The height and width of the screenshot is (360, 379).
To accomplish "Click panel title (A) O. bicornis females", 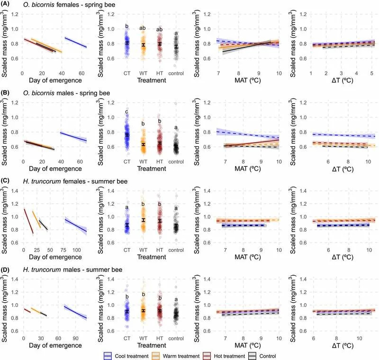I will point(67,5).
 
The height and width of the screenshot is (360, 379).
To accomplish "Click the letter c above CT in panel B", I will point(127,112).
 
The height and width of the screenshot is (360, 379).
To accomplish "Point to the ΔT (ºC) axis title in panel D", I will point(343,346).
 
